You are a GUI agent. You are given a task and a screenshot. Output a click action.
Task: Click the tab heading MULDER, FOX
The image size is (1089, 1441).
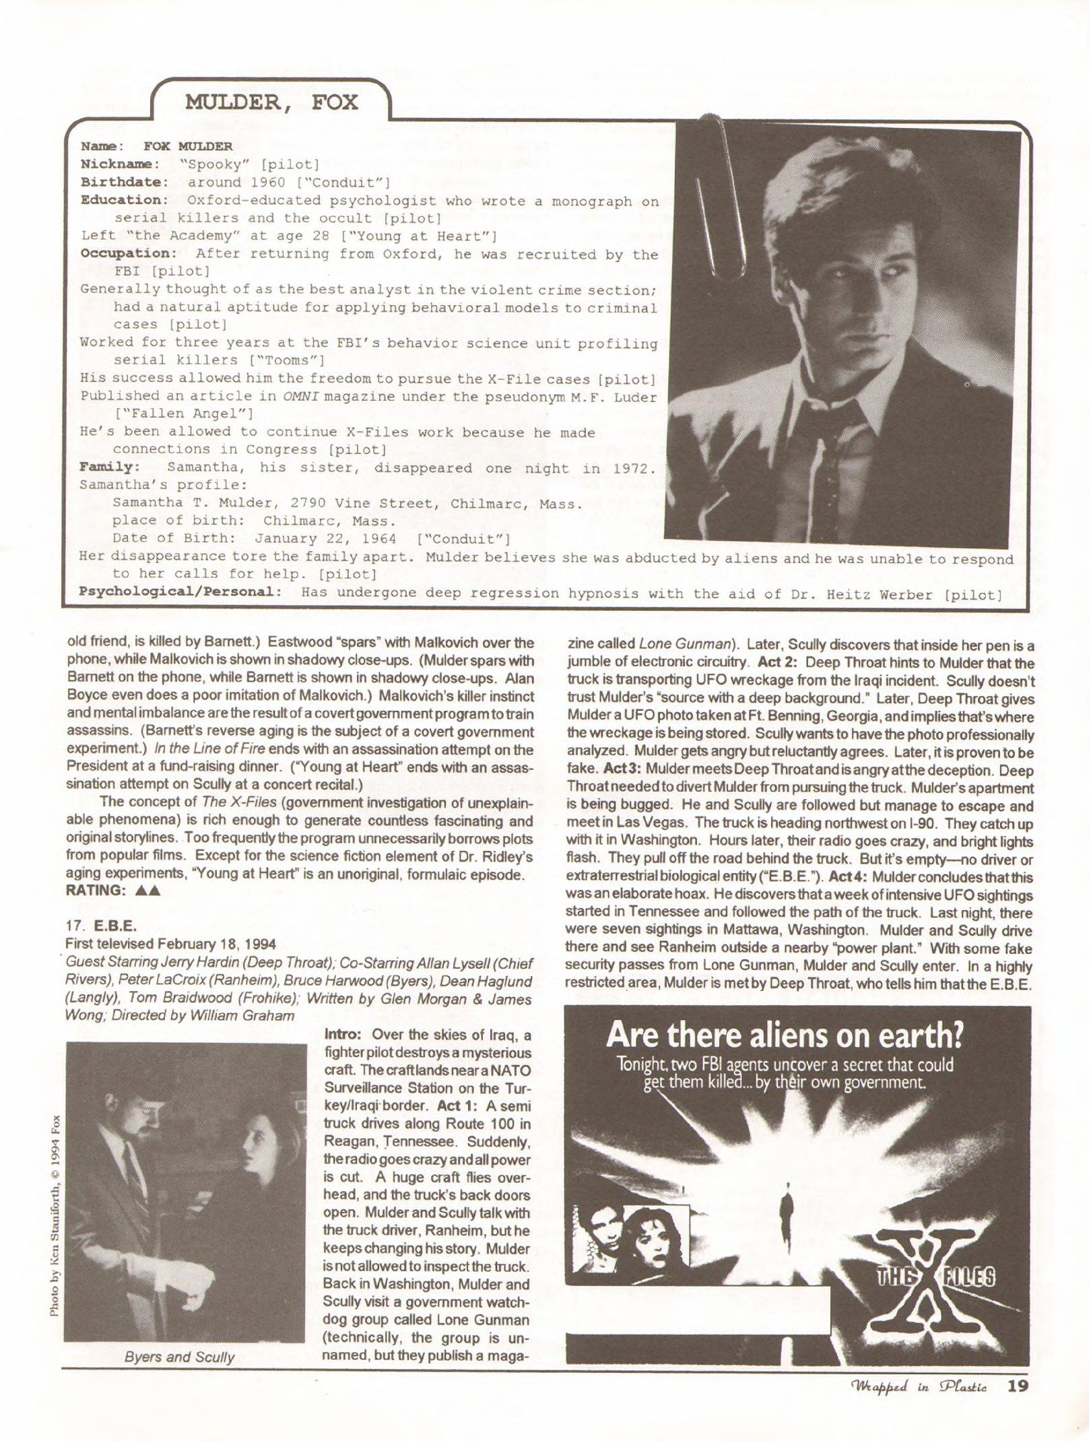coord(271,103)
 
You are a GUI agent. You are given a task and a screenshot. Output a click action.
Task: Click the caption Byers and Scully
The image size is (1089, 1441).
coord(179,1356)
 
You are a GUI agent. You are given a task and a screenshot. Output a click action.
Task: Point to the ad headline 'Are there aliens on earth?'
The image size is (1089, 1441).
coord(785,1035)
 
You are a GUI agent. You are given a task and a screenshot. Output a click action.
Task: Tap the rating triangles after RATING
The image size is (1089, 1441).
coord(147,890)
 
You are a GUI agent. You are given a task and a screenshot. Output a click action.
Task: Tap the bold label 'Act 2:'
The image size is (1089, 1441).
coord(779,663)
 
